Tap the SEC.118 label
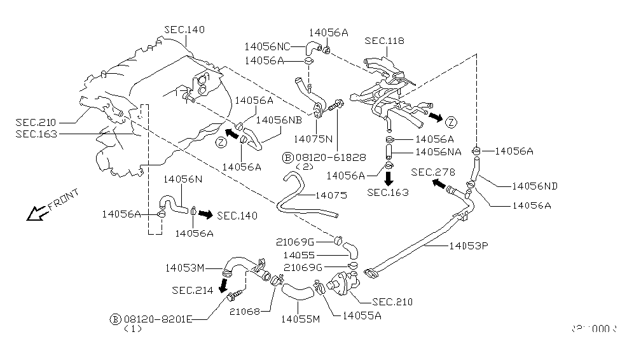[385, 41]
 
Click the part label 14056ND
[535, 186]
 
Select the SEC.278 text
[432, 172]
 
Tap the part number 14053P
[469, 244]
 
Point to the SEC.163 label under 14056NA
[388, 193]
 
